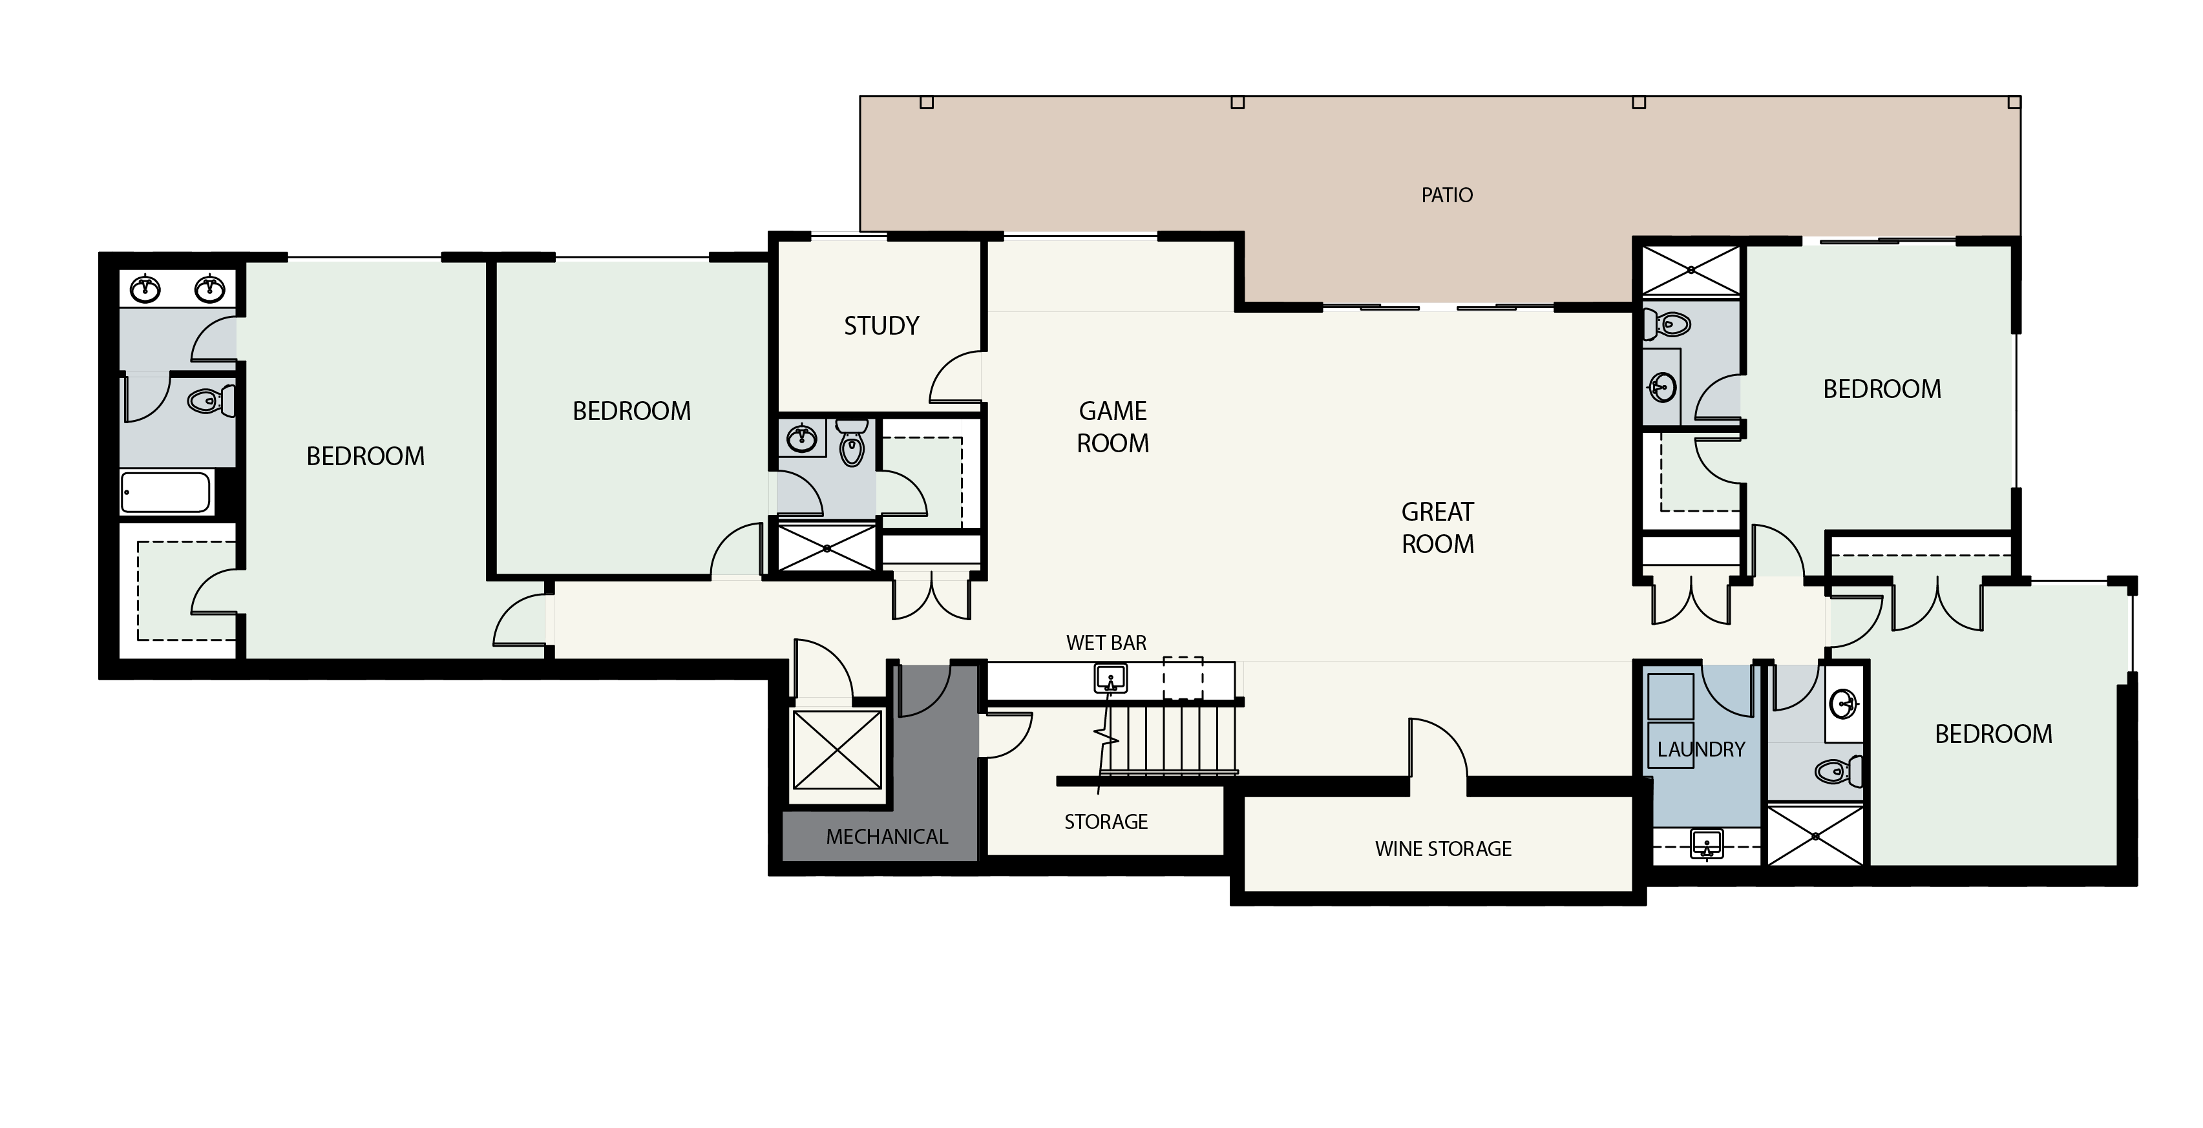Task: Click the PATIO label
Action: (x=1446, y=195)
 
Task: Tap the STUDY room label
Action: (x=881, y=325)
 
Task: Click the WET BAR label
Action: (x=1106, y=642)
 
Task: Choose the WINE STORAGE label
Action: (x=1443, y=848)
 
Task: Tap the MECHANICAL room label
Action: (x=886, y=837)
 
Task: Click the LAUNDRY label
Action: (x=1700, y=749)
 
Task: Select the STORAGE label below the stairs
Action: (x=1105, y=821)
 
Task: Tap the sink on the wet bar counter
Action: (x=1110, y=679)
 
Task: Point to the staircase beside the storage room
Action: (x=1166, y=736)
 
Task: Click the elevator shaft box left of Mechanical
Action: (x=838, y=750)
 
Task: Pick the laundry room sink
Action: (x=1706, y=845)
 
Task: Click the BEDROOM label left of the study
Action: (x=631, y=412)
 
